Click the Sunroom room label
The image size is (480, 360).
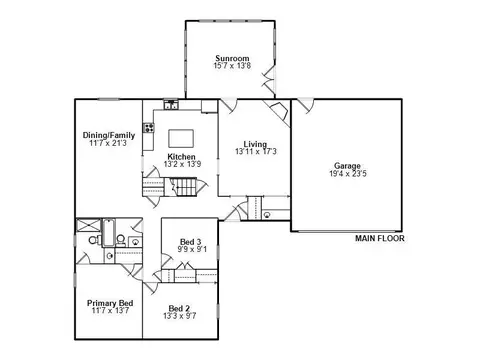point(232,58)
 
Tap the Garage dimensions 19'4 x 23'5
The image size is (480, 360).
point(348,174)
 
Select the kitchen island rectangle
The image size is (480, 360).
point(181,138)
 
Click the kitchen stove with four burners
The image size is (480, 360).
point(149,127)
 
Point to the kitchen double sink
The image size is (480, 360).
point(171,105)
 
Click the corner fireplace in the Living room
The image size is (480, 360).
point(278,112)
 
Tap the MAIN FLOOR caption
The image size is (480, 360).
point(380,238)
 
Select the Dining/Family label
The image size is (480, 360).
point(109,135)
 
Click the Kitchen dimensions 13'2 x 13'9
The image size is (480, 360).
point(182,164)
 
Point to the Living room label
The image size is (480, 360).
point(255,144)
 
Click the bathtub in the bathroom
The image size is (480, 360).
point(108,232)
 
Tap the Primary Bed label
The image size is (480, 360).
point(110,303)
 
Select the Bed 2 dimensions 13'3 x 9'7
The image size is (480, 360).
point(180,316)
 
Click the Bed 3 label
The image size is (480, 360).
point(191,242)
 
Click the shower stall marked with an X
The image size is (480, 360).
point(88,225)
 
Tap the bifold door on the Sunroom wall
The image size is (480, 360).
point(269,80)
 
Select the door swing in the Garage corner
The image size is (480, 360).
point(306,105)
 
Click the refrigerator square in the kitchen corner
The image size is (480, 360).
point(209,106)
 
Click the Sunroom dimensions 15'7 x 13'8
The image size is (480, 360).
point(232,66)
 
